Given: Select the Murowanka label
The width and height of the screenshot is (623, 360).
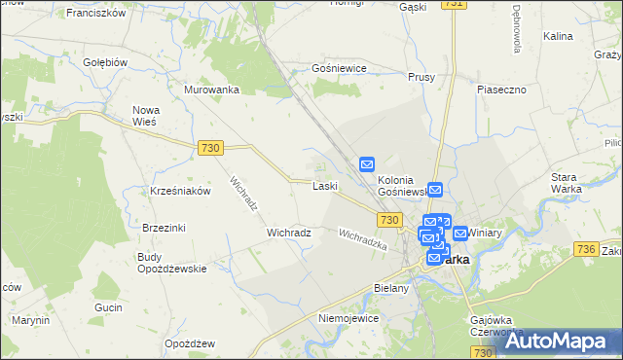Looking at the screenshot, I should point(211,90).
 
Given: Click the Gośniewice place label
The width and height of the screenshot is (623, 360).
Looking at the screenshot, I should point(338,69).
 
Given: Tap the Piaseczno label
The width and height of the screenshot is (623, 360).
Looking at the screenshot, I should point(501,89).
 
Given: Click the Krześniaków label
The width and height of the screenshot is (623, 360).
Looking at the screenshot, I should point(181,191).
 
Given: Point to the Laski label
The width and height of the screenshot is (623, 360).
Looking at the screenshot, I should point(324,186).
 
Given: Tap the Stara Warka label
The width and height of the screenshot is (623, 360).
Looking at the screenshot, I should point(566,183).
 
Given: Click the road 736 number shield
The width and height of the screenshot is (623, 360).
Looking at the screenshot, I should point(586,250).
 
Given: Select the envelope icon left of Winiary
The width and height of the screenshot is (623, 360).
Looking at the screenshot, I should point(459,234).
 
